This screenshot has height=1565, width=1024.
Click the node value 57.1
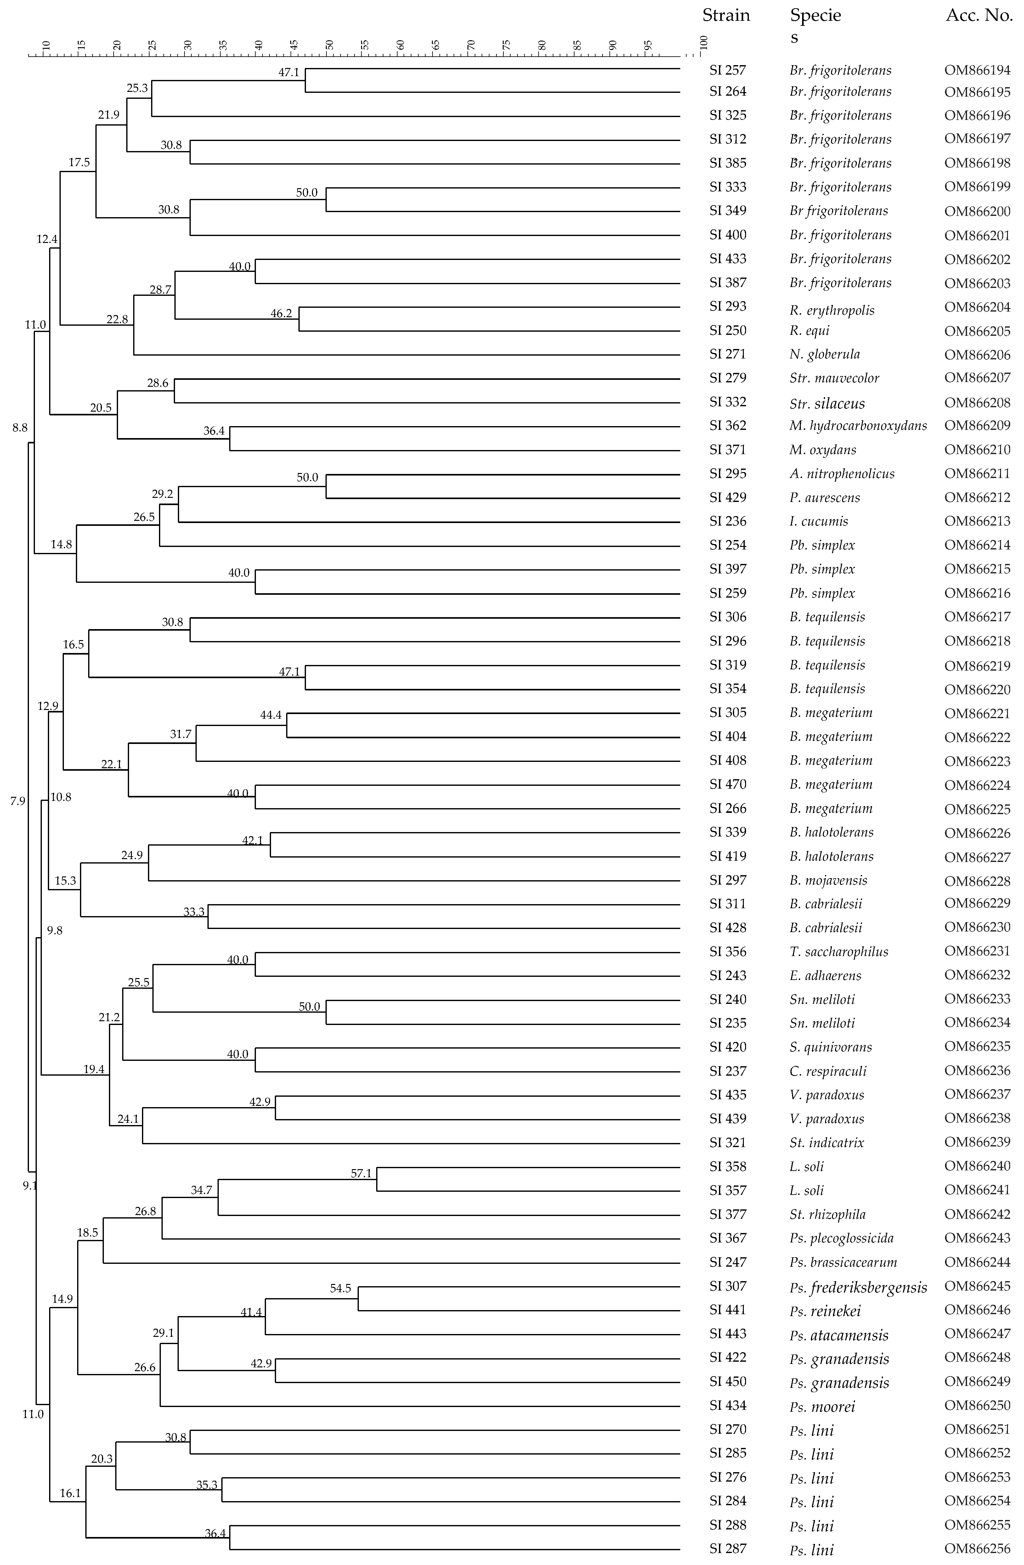pos(361,1173)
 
